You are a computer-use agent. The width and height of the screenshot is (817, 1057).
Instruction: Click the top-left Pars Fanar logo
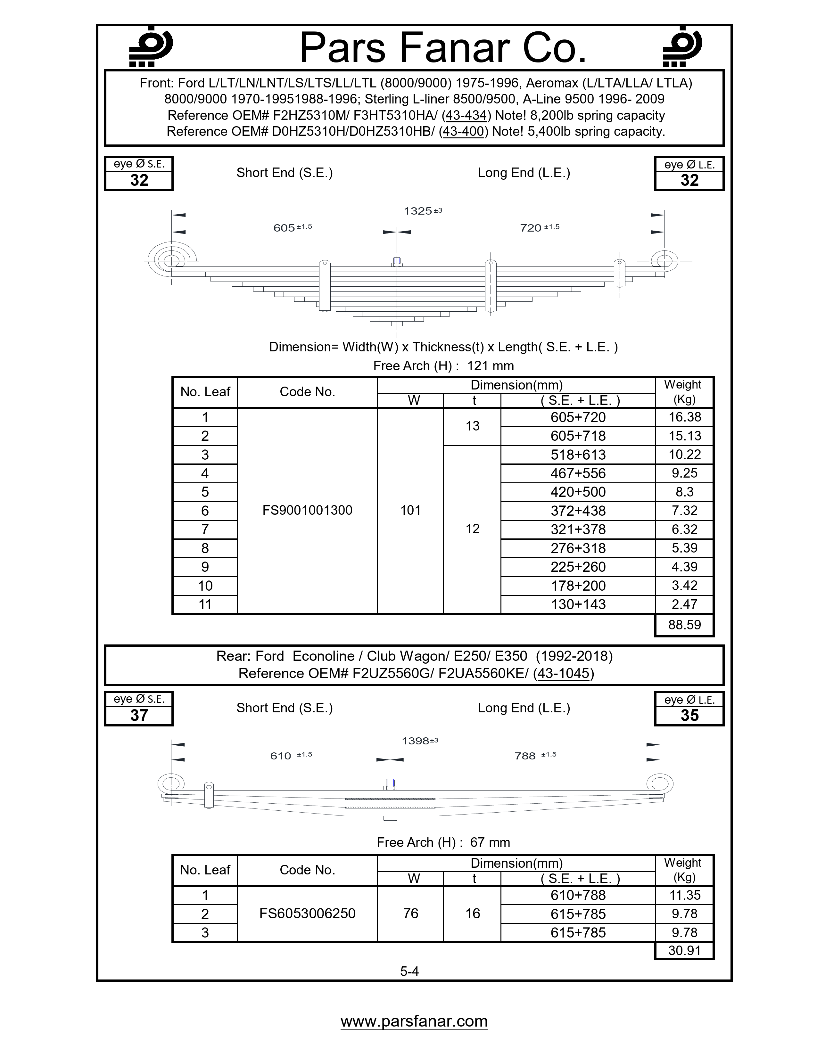click(151, 46)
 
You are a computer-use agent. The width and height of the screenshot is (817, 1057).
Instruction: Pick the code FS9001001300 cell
click(307, 510)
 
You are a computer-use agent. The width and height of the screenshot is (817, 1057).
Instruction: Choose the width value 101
click(410, 510)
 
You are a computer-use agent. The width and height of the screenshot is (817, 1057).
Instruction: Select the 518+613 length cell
click(578, 455)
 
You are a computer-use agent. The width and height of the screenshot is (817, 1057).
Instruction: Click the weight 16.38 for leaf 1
click(684, 417)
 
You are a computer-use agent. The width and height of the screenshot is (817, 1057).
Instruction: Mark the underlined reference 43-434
click(466, 116)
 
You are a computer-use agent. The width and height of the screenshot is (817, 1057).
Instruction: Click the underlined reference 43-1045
click(563, 674)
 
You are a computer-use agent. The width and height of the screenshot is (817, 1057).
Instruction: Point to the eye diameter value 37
click(139, 715)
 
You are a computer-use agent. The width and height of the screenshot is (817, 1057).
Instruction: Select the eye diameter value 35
click(689, 715)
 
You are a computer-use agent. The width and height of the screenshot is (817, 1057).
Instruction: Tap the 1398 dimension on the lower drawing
click(416, 741)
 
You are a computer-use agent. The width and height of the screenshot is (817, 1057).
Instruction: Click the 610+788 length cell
click(578, 895)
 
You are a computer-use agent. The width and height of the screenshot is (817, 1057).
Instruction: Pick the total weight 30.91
click(684, 951)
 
